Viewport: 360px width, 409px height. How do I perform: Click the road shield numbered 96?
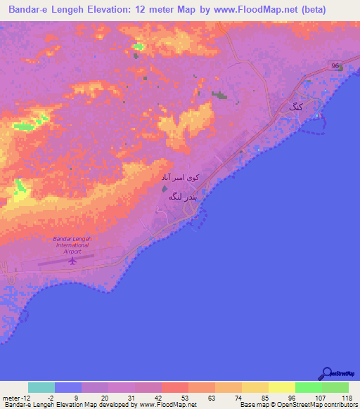click(335, 65)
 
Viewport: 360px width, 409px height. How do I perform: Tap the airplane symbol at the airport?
click(72, 261)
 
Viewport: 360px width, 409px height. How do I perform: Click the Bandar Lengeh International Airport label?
click(72, 245)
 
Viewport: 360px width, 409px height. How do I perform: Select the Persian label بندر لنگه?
click(184, 197)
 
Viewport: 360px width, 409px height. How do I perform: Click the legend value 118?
click(346, 398)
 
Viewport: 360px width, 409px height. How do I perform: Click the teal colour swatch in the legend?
click(41, 387)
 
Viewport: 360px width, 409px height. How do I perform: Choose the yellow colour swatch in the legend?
click(282, 387)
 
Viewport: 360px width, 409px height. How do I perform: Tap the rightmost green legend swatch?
click(335, 387)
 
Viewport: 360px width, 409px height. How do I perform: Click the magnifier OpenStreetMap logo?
click(326, 372)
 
